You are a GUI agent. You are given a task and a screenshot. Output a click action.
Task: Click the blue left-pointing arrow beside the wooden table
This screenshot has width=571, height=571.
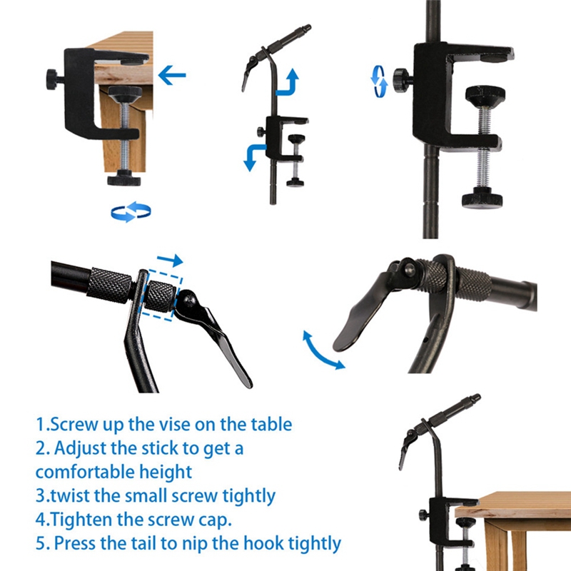pos(172,76)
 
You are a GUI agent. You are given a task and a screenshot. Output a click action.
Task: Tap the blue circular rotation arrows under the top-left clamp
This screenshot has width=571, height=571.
pos(131,211)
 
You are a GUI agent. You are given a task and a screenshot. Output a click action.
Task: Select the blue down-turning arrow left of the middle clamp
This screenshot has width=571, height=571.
pos(254,155)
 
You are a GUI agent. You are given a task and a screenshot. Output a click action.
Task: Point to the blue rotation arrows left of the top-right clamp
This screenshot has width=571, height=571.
pos(379,81)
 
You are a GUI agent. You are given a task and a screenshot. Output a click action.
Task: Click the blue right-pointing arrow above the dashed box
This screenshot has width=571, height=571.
pos(170,260)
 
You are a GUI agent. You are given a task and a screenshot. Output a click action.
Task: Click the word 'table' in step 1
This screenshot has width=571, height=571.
pos(271,424)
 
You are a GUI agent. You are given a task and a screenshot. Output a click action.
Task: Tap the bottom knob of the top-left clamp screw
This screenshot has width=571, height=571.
pos(124,178)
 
